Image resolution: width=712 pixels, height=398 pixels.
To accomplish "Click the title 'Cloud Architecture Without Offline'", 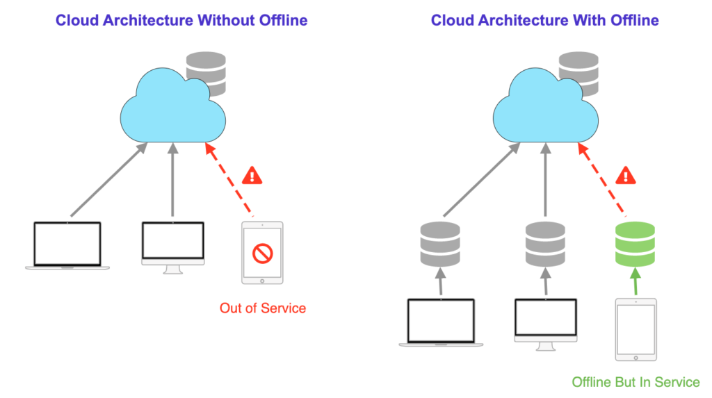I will (x=181, y=20).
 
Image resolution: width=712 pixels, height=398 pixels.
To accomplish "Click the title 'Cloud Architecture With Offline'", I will (x=544, y=20).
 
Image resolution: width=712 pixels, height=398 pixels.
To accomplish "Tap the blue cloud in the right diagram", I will (x=546, y=104).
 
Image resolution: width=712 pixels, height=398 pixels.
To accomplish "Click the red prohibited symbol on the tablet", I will (x=263, y=254).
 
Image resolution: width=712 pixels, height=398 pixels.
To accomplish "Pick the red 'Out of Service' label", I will (x=263, y=308).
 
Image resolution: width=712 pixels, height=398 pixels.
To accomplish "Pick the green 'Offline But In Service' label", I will (x=636, y=382).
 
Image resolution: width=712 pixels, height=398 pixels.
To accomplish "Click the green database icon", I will (x=636, y=244).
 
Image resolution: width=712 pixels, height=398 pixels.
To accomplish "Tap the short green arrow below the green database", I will (x=636, y=282).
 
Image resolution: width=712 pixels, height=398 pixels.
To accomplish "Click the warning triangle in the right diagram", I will (x=627, y=175).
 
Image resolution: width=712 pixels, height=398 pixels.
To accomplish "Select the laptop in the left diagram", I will (x=67, y=245).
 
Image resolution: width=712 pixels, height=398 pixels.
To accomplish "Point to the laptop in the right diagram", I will (x=440, y=322).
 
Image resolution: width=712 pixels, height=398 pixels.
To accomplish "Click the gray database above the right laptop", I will (x=440, y=244).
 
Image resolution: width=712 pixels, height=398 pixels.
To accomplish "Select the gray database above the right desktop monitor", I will (x=545, y=244).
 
